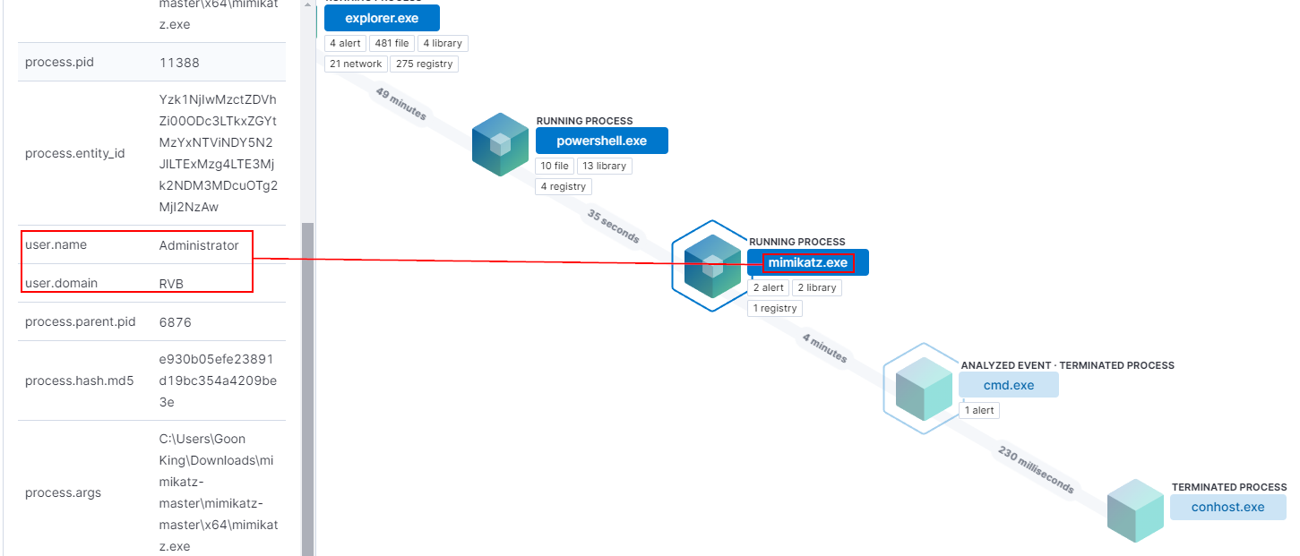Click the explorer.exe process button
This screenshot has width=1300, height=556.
[382, 18]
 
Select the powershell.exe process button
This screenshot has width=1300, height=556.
[601, 141]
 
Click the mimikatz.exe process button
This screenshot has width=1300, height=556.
[807, 262]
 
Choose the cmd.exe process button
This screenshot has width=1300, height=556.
[1008, 385]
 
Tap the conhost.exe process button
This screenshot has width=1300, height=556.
[1227, 507]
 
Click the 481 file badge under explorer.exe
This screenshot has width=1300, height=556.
[391, 43]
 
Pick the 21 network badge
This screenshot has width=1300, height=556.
[356, 64]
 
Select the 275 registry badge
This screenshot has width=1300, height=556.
[424, 64]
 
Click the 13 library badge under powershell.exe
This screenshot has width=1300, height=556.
[604, 166]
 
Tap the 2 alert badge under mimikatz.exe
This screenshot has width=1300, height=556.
[768, 287]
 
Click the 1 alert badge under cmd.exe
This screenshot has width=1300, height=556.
[978, 410]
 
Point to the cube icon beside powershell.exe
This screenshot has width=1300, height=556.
[500, 144]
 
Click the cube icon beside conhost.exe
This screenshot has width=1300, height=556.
[1135, 510]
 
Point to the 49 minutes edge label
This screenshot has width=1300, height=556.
[400, 105]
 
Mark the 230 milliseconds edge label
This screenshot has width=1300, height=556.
[1036, 469]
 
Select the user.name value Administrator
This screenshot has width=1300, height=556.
[199, 245]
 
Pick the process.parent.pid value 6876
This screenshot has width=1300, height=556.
[175, 321]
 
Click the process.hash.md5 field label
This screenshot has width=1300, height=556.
[79, 381]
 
